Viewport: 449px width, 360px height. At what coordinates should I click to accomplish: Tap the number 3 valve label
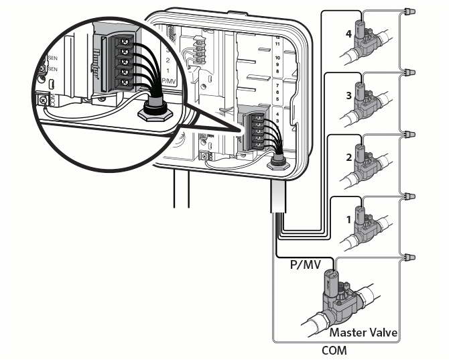(348, 95)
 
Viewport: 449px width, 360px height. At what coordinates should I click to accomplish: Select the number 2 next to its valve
(348, 158)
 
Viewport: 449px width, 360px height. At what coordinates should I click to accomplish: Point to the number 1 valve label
(348, 219)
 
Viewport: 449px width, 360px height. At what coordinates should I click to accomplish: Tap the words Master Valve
(363, 333)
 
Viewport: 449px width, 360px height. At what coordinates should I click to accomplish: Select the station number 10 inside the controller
(277, 58)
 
